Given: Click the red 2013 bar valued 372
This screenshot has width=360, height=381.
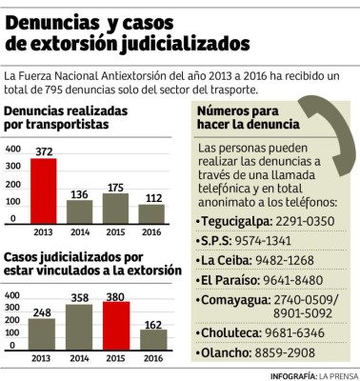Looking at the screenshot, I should [43, 189].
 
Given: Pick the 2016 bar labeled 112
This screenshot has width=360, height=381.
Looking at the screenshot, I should [151, 212].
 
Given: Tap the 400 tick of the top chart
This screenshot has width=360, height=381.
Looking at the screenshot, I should [11, 150].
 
